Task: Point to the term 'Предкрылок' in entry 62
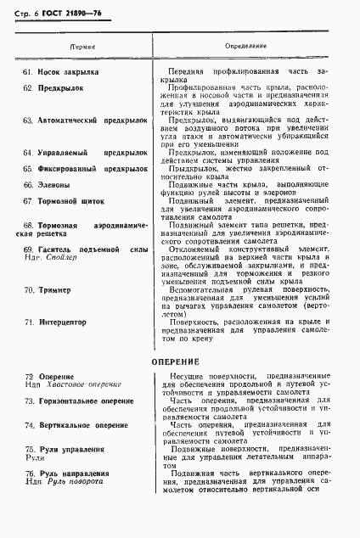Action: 61,88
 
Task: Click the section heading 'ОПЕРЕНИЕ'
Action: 175,362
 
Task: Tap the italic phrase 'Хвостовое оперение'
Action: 81,384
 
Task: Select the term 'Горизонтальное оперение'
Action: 90,400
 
